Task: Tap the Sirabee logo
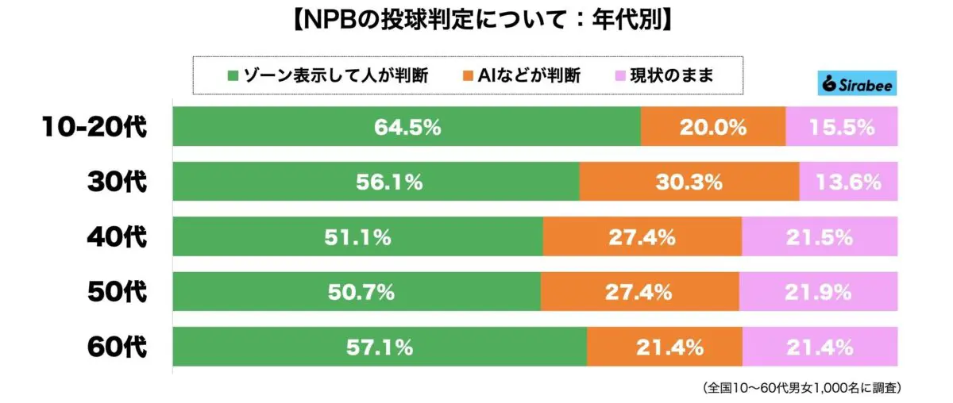pyautogui.click(x=856, y=83)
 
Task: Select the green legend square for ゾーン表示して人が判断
pyautogui.click(x=233, y=77)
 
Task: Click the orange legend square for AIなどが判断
pyautogui.click(x=466, y=77)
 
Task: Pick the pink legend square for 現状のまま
pyautogui.click(x=620, y=77)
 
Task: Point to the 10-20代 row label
pyautogui.click(x=95, y=127)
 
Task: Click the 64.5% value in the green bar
pyautogui.click(x=408, y=127)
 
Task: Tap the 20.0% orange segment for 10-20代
pyautogui.click(x=712, y=127)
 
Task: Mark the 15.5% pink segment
pyautogui.click(x=842, y=127)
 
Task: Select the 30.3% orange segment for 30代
pyautogui.click(x=689, y=182)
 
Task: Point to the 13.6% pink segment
pyautogui.click(x=848, y=182)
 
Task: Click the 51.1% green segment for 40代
pyautogui.click(x=357, y=236)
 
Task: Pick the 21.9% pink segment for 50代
pyautogui.click(x=819, y=291)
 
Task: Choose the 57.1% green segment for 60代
pyautogui.click(x=380, y=347)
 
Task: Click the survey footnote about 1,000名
pyautogui.click(x=802, y=389)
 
